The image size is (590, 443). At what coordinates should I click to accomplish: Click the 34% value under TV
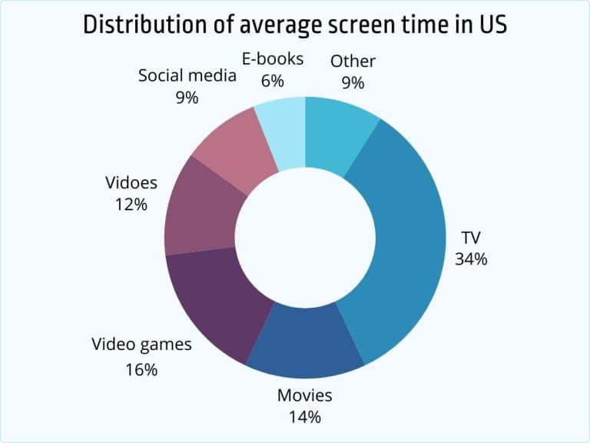(471, 258)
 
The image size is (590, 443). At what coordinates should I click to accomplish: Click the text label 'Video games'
(141, 344)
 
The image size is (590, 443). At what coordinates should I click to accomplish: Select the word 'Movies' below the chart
(304, 395)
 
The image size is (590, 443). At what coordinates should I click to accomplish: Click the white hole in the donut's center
(305, 235)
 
